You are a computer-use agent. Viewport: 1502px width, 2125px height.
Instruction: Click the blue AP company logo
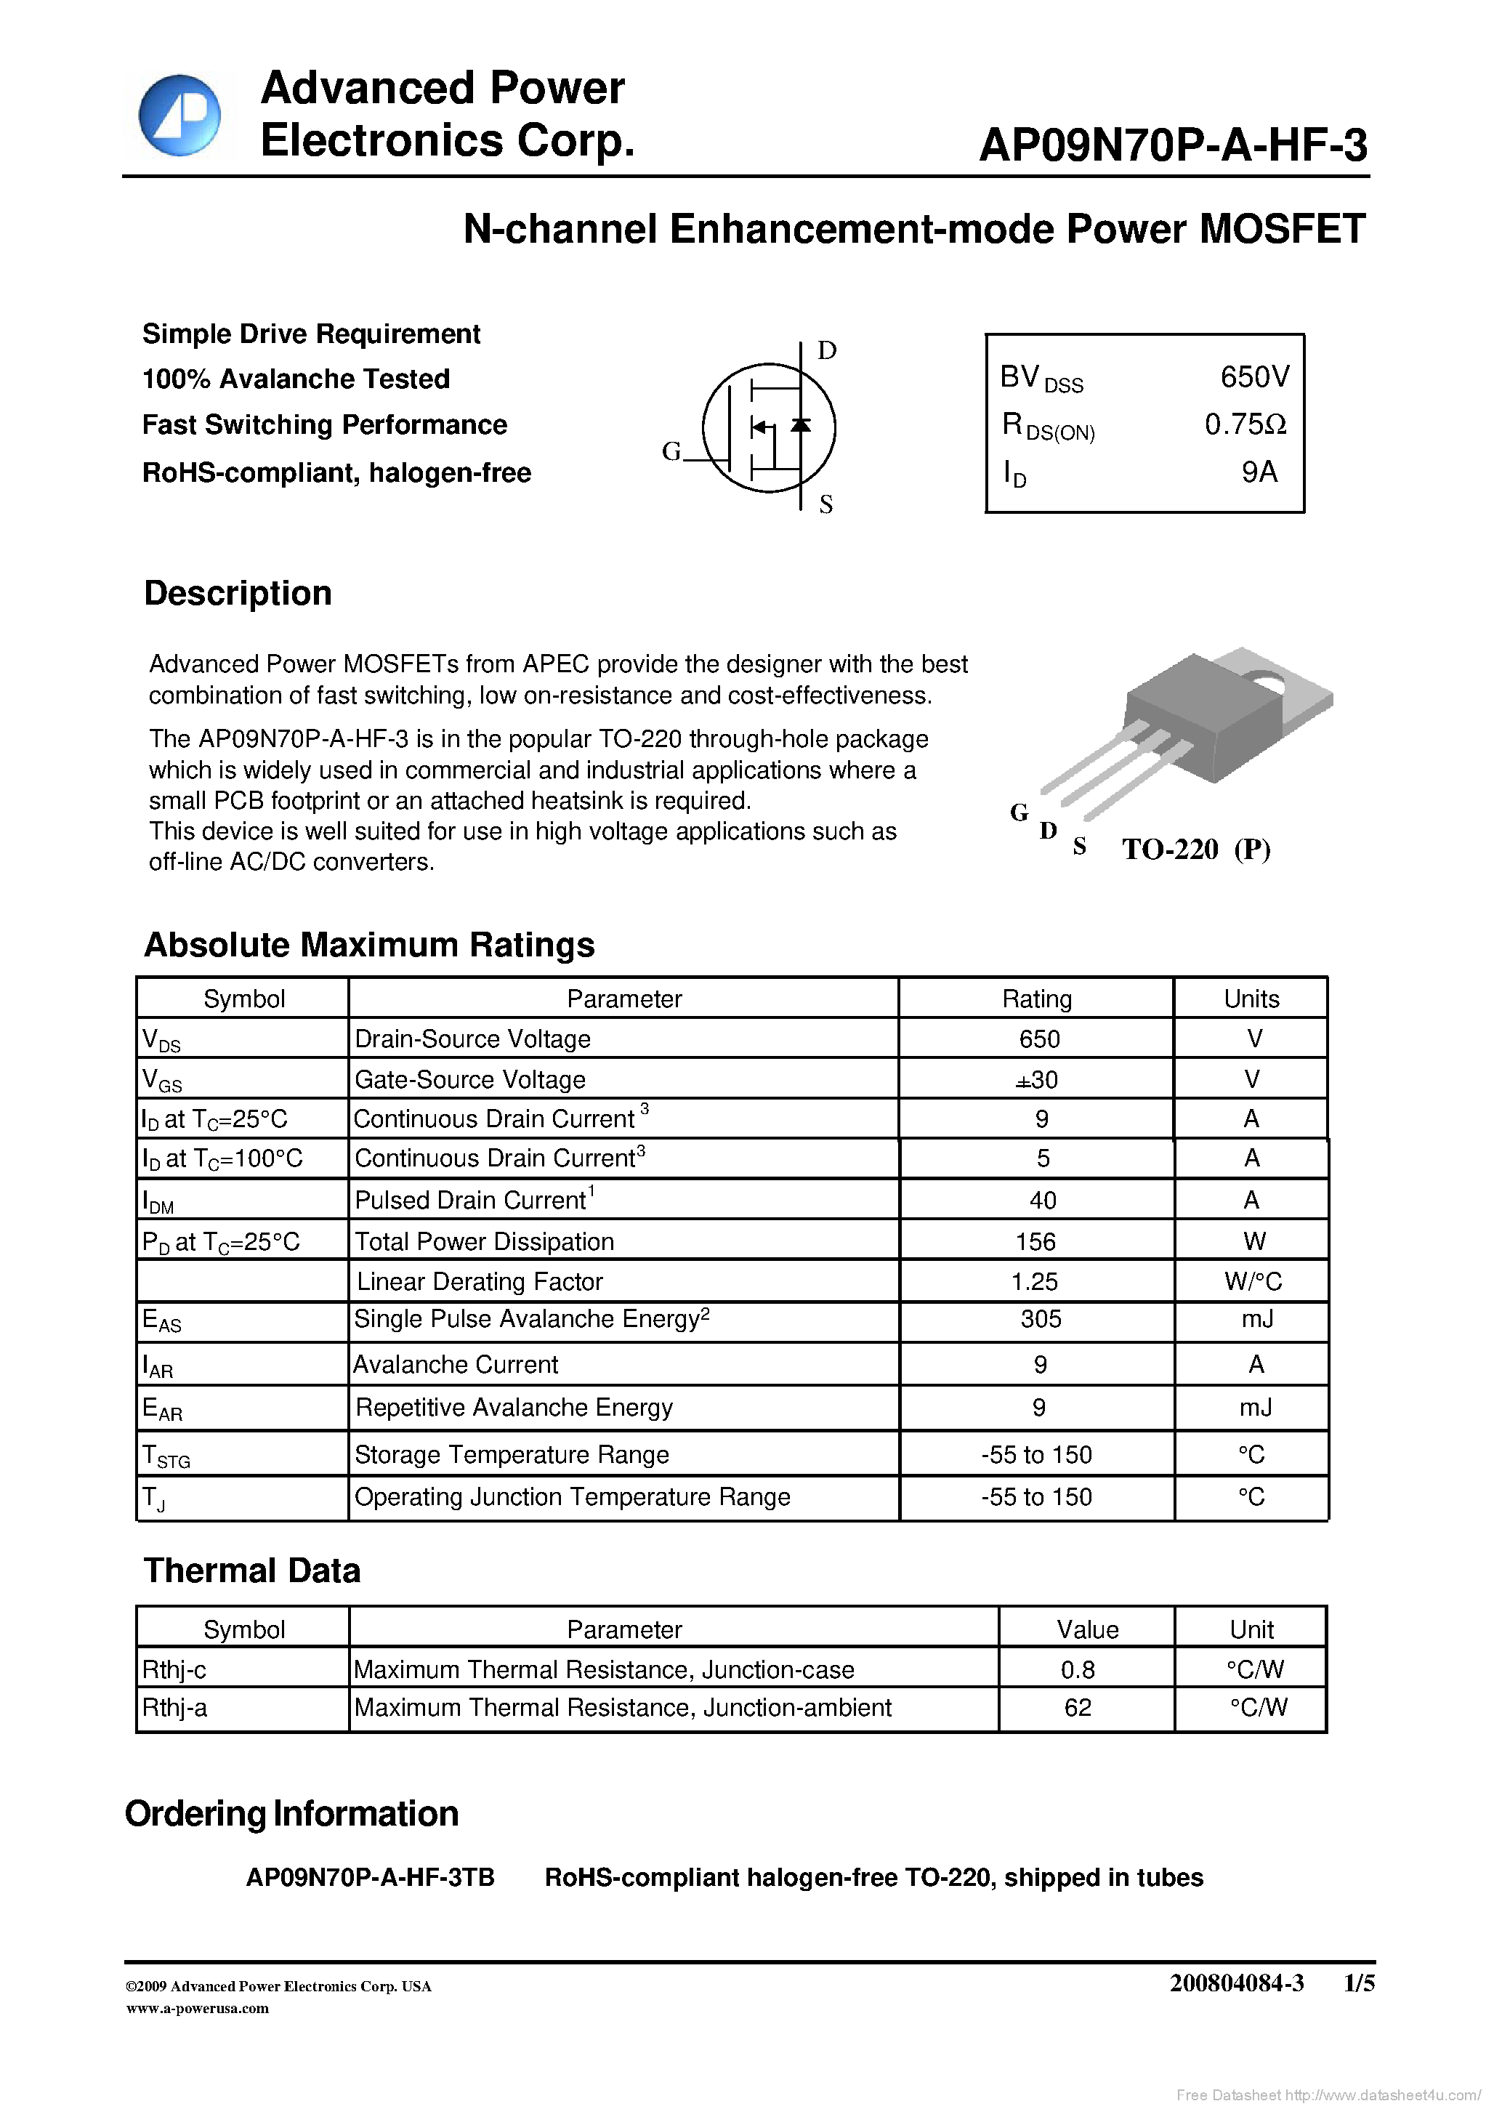(x=179, y=115)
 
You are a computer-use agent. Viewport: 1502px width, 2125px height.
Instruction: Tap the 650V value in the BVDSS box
(x=1254, y=376)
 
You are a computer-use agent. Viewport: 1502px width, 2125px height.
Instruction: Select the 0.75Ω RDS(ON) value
(x=1245, y=425)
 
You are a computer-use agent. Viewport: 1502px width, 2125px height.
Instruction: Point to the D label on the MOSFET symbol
(x=826, y=351)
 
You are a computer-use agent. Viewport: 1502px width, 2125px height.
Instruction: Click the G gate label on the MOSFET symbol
(x=671, y=451)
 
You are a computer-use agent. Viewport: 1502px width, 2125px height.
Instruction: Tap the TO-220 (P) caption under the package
(x=1195, y=849)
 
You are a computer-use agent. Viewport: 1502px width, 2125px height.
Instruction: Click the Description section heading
(x=238, y=593)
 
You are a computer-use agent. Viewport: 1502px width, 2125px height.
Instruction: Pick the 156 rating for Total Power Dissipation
(x=1035, y=1241)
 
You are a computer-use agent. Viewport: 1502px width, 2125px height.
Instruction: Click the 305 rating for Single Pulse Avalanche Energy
(x=1039, y=1319)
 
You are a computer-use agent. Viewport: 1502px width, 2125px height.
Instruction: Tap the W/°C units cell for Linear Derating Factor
(x=1252, y=1281)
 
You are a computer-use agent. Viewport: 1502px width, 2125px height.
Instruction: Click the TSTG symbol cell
(x=166, y=1456)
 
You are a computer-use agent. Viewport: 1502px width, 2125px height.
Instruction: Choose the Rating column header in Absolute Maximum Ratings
(x=1036, y=999)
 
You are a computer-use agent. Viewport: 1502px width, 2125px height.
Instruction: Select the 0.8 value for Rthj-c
(x=1077, y=1669)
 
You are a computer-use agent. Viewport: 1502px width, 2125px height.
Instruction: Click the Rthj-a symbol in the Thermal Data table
(x=175, y=1708)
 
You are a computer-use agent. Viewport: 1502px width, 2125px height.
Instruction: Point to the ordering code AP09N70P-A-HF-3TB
(x=370, y=1877)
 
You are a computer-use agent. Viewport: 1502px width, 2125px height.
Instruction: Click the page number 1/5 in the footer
(x=1359, y=1983)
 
